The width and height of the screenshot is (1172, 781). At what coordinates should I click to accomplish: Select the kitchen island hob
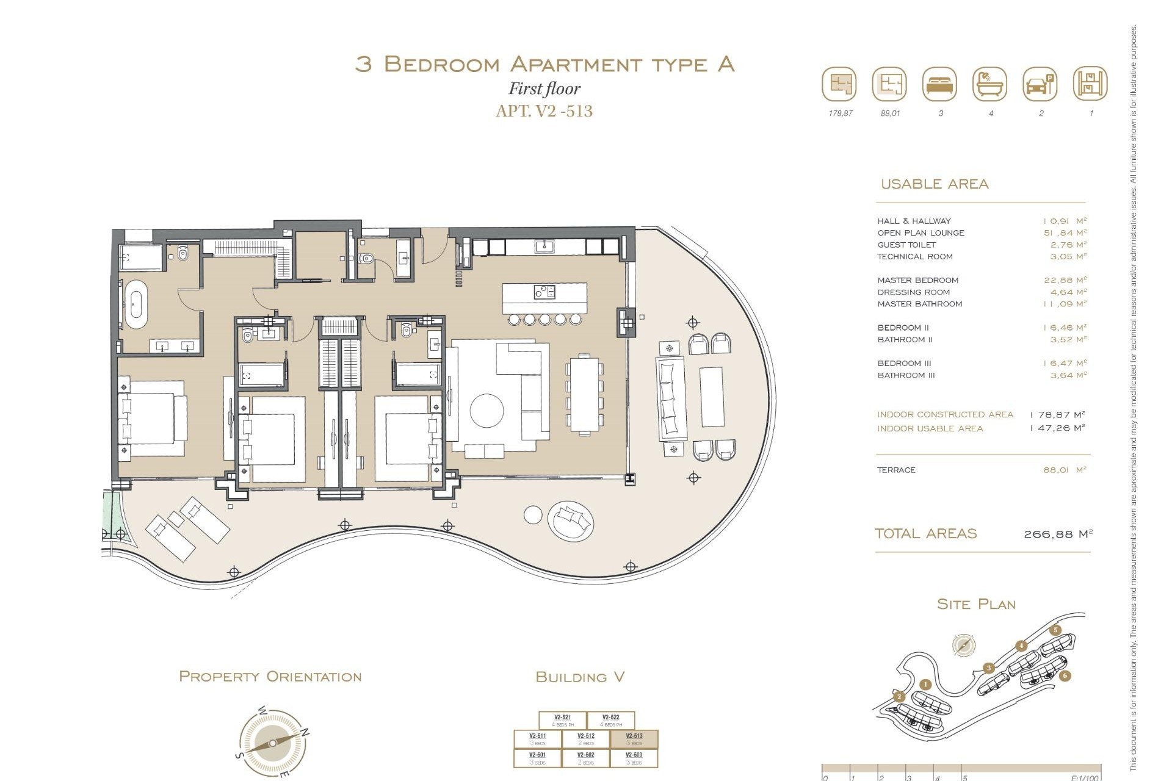click(x=544, y=292)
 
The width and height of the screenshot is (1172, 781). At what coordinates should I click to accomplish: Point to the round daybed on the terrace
click(x=571, y=520)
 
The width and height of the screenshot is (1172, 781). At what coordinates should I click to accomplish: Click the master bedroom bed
click(x=153, y=418)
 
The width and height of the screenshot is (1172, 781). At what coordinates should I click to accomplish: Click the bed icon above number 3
click(x=939, y=84)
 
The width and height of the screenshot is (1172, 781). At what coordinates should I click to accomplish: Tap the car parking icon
click(x=1040, y=84)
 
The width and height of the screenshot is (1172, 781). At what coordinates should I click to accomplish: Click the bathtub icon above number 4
click(x=989, y=84)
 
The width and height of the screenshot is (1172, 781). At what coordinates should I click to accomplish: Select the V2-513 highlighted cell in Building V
click(x=634, y=739)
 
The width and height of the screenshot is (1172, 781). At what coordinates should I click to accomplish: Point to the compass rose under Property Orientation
click(x=272, y=743)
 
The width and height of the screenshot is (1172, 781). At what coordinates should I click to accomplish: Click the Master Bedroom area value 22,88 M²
click(x=1065, y=280)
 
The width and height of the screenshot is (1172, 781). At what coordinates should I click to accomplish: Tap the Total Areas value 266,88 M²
click(x=1057, y=534)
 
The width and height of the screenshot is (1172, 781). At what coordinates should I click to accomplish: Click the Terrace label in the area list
click(x=896, y=470)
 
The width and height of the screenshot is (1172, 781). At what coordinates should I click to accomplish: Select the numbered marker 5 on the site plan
click(x=1055, y=630)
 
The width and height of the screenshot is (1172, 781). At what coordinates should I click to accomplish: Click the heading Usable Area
click(x=934, y=184)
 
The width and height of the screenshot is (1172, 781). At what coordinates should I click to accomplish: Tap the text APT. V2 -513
click(x=544, y=111)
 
